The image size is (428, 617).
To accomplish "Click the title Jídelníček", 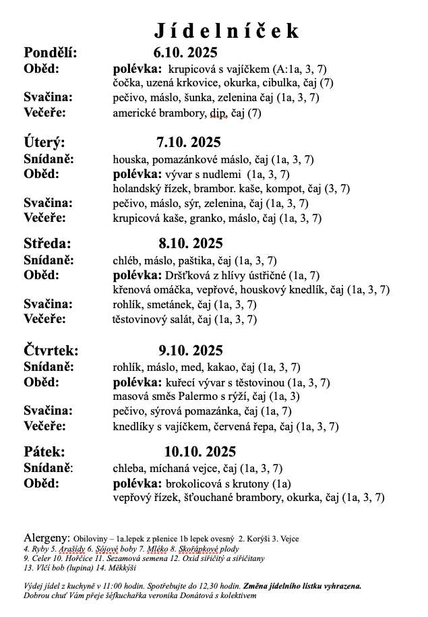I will click(226, 31).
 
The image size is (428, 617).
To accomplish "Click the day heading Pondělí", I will click(51, 53).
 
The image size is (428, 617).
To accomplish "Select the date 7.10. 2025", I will click(188, 142).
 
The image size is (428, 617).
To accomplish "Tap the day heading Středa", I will click(47, 243).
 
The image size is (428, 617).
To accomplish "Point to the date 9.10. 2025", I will click(191, 350).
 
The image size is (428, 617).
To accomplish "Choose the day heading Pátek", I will click(44, 451).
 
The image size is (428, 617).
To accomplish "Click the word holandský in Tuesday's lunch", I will click(137, 189).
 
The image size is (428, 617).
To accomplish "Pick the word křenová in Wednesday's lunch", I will click(133, 290).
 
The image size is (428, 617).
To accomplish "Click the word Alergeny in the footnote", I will click(47, 538).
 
